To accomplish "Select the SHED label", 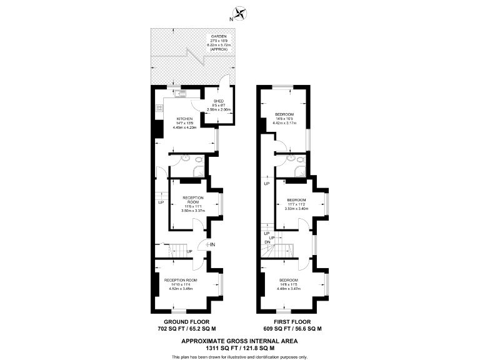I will coord(219,101).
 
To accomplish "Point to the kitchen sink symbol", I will coord(179,94).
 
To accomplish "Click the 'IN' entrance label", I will coord(212,244).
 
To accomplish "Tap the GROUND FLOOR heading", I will coord(186,321).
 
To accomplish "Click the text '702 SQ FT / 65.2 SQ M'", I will coord(186,329).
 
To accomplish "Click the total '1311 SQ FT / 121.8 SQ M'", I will coord(240,348).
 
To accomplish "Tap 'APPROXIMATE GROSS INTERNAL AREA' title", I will coord(240,341).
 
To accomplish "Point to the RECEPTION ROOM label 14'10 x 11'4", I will coord(181,279).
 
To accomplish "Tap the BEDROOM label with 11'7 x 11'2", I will coord(297,200).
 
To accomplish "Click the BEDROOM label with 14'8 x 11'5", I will coord(288,279).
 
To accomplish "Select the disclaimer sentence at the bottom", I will coord(240,356).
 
